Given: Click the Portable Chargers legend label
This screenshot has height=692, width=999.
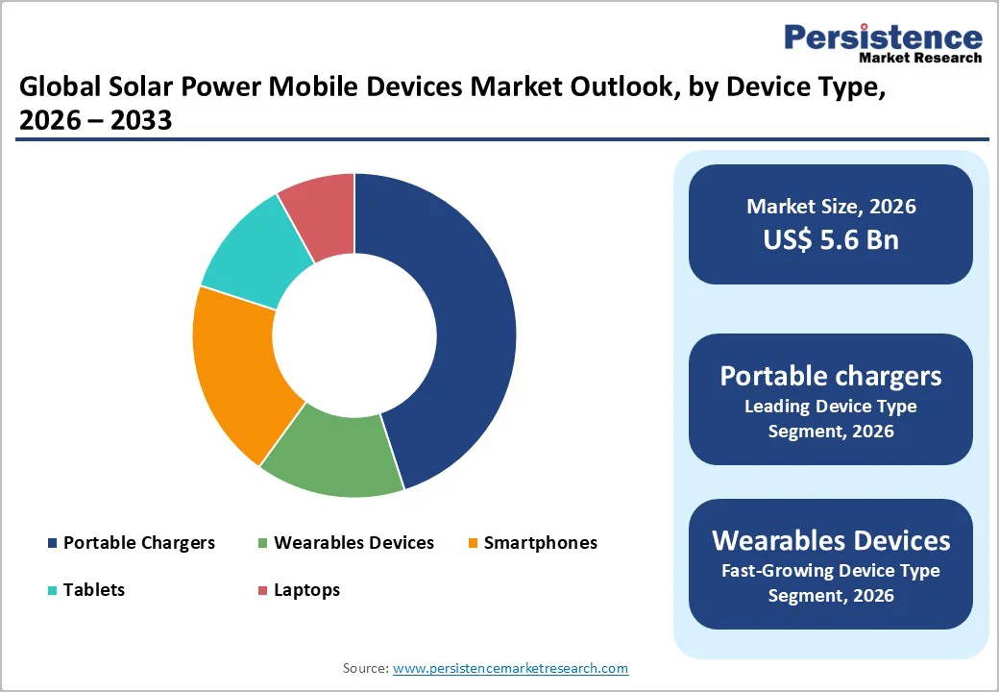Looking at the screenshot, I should (139, 543).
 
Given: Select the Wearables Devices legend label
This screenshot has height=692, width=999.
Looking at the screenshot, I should (353, 543).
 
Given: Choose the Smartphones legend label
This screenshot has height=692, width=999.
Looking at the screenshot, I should (540, 543).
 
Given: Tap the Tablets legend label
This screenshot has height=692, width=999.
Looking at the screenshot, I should (94, 589).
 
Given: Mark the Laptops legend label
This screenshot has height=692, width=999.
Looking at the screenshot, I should (306, 589).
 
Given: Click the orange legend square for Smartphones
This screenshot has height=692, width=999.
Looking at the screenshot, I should (474, 544).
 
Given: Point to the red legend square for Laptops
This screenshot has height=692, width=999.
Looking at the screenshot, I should (262, 590).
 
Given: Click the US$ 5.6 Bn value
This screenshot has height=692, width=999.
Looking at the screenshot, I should (831, 239).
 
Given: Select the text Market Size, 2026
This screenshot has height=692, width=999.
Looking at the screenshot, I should (831, 207).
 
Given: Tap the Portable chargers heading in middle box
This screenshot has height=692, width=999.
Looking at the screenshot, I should (831, 376).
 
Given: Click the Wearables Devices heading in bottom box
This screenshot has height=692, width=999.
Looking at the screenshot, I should (831, 540).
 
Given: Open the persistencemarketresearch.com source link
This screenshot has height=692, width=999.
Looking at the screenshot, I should (510, 668).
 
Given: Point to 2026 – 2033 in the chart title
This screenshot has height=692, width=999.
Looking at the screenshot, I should (95, 120).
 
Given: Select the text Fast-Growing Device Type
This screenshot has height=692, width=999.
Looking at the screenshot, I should (831, 571).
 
